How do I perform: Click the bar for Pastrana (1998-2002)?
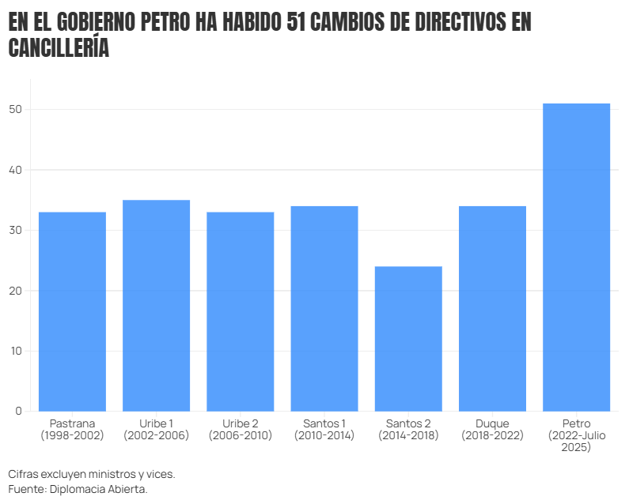click(x=72, y=311)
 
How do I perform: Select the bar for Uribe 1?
click(x=156, y=306)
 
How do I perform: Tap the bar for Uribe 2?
click(x=240, y=311)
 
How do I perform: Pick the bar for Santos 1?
click(x=324, y=308)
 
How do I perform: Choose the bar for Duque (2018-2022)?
click(x=492, y=308)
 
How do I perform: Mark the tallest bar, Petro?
click(x=576, y=257)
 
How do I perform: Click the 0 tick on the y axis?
click(x=18, y=411)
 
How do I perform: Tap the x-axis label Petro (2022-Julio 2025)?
click(x=576, y=435)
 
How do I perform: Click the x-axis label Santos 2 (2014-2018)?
click(x=408, y=430)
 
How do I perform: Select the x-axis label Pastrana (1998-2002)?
click(x=72, y=430)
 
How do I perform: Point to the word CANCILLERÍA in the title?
click(x=59, y=48)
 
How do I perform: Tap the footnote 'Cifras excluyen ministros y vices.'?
click(x=92, y=474)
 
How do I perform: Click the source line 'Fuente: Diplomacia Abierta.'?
click(x=78, y=489)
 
